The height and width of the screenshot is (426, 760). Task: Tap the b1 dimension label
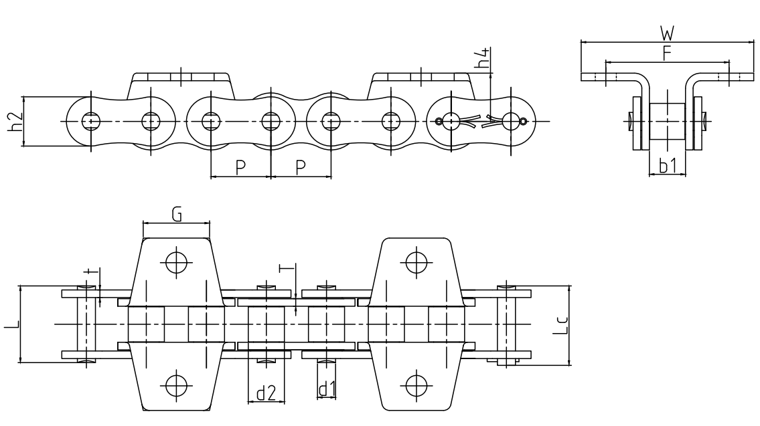coord(667,166)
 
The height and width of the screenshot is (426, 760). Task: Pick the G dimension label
coord(176,214)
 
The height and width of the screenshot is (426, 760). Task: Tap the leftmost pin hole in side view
coord(89,121)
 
